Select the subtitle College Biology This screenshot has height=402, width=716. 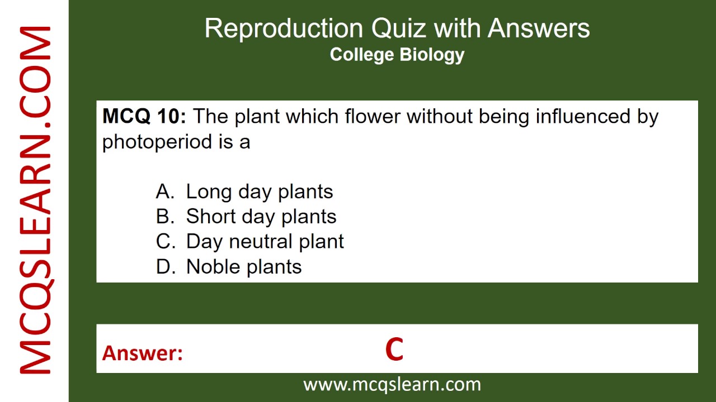coord(397,55)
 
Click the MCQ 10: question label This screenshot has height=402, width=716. coord(144,117)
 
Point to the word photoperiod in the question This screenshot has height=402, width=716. coord(155,142)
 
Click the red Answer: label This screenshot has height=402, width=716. coord(143,353)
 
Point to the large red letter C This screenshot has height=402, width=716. coord(394,350)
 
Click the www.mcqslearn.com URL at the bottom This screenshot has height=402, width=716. coord(392,384)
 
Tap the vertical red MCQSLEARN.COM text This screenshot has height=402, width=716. coord(36,201)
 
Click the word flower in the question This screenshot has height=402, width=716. coord(373,117)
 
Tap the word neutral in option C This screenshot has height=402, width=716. coord(261,241)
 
